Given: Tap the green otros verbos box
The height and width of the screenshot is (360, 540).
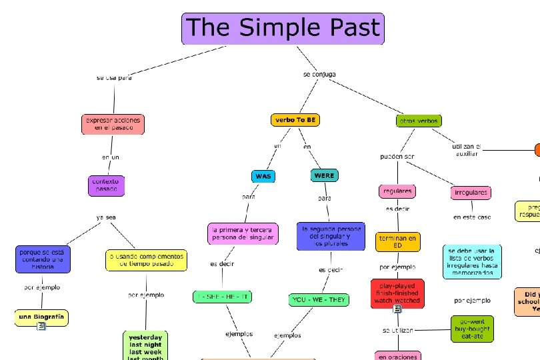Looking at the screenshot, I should [x=418, y=121].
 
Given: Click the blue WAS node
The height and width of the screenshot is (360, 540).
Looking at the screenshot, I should [x=263, y=176].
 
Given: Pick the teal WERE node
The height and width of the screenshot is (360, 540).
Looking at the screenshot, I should [x=324, y=175].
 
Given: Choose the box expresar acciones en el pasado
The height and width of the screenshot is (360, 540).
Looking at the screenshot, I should [x=113, y=123].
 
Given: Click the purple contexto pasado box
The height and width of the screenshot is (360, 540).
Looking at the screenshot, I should [x=106, y=185].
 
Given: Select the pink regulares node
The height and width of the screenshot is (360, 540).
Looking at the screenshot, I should [x=397, y=191].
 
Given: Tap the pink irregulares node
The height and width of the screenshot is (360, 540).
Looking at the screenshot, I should [x=471, y=193].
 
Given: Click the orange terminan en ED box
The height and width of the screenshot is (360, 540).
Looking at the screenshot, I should [x=398, y=241].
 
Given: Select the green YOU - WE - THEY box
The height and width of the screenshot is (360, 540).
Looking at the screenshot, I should [x=319, y=300].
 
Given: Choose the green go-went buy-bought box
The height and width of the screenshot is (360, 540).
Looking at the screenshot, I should [x=472, y=328].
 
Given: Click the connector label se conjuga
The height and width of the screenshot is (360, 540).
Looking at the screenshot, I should [x=319, y=74].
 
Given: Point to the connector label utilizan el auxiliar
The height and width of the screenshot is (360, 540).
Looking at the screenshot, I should [x=467, y=150].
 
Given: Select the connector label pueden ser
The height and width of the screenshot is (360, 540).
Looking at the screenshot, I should [x=397, y=157].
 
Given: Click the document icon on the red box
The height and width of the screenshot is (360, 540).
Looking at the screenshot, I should [x=397, y=308].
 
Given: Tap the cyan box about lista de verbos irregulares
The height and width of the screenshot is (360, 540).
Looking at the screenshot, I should [x=472, y=261].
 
